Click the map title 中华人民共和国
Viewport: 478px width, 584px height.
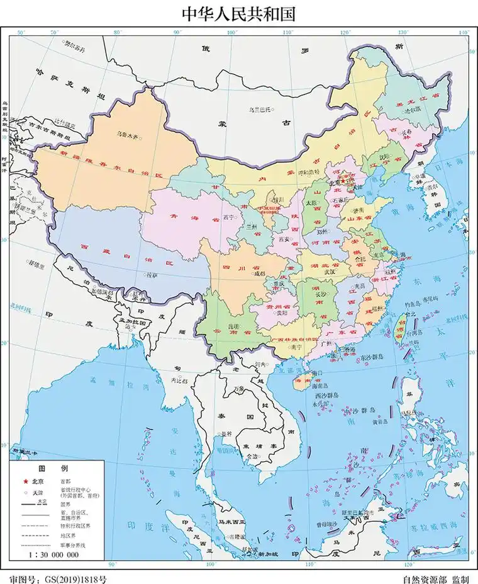tap(238, 13)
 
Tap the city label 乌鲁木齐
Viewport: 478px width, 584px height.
tap(128, 134)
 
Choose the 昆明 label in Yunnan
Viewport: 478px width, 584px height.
tap(233, 326)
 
